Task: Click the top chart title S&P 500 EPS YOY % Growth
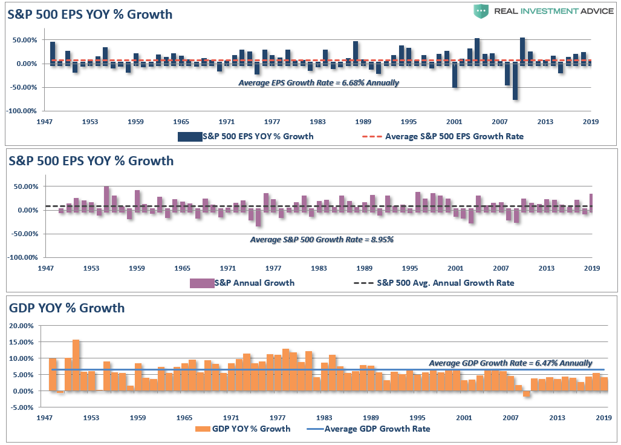[89, 15]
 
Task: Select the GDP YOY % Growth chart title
[67, 308]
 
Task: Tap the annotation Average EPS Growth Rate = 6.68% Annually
[319, 83]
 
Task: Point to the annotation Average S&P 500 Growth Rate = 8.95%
[322, 240]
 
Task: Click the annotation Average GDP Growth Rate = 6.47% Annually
[510, 363]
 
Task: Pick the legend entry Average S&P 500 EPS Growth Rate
[454, 136]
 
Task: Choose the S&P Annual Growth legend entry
[259, 282]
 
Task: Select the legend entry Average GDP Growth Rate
[377, 429]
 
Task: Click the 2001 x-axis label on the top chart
[454, 122]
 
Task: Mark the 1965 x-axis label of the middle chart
[183, 268]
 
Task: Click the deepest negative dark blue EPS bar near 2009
[515, 82]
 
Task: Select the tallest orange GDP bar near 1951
[76, 365]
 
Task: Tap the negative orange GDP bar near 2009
[527, 394]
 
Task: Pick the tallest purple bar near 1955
[106, 198]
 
